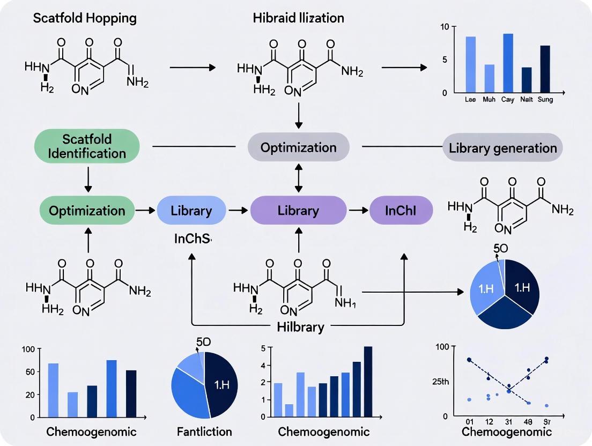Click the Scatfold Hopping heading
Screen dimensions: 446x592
coord(85,18)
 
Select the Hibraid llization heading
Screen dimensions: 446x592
coord(298,18)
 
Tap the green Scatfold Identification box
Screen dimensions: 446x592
coord(87,145)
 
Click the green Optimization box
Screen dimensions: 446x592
coord(87,211)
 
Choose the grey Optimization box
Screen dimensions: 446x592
coord(299,147)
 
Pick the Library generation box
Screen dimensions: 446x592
coord(502,147)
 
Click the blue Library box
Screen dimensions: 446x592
coord(191,211)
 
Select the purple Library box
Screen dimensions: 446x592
coord(298,211)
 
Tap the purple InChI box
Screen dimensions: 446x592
coord(401,211)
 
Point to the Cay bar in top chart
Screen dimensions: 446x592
coord(508,63)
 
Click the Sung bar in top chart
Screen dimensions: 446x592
coord(545,69)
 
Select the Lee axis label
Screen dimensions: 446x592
coord(470,99)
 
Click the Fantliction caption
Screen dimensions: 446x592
coord(204,432)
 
